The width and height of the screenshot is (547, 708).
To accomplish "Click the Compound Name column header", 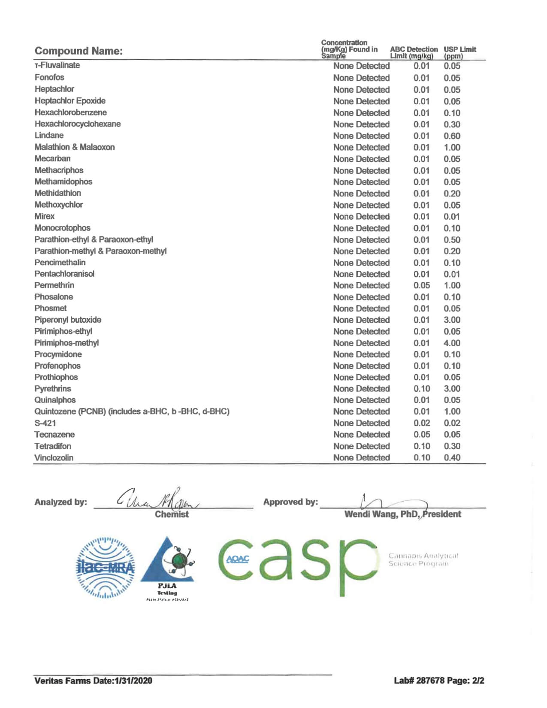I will coord(79,51).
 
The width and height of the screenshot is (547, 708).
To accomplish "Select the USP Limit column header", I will coord(459,52).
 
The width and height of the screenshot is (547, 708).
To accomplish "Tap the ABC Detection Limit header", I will coord(414,52).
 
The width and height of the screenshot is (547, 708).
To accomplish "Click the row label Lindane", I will coord(49,136).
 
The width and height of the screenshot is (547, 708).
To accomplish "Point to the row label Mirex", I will coord(45,216).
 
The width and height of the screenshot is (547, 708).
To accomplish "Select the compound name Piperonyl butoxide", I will coord(68,320).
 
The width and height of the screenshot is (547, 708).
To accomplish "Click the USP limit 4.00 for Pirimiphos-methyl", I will coord(452,343).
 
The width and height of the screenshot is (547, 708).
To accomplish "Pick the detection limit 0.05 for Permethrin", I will coord(421,285).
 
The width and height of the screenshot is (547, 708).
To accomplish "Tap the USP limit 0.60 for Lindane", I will coord(452,136).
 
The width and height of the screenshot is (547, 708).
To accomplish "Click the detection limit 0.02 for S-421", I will coord(421,423).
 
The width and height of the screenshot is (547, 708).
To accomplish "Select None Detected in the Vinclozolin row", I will coord(361,457).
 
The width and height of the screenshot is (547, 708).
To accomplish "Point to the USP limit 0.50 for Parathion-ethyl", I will coord(452,240).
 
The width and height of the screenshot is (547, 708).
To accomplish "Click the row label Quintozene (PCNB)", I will coord(132,411).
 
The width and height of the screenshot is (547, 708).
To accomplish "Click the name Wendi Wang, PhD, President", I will coord(402,514).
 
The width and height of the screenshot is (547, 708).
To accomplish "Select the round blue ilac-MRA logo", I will coord(106,567).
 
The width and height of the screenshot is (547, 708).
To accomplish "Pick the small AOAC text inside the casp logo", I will coord(237,559).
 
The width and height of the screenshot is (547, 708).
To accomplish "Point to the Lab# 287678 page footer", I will coord(439,681).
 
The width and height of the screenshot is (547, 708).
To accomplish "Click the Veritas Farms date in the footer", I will coord(93,681).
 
